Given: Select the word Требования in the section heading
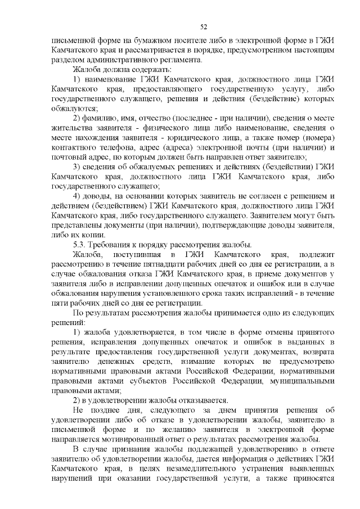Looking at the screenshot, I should pos(115,244).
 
